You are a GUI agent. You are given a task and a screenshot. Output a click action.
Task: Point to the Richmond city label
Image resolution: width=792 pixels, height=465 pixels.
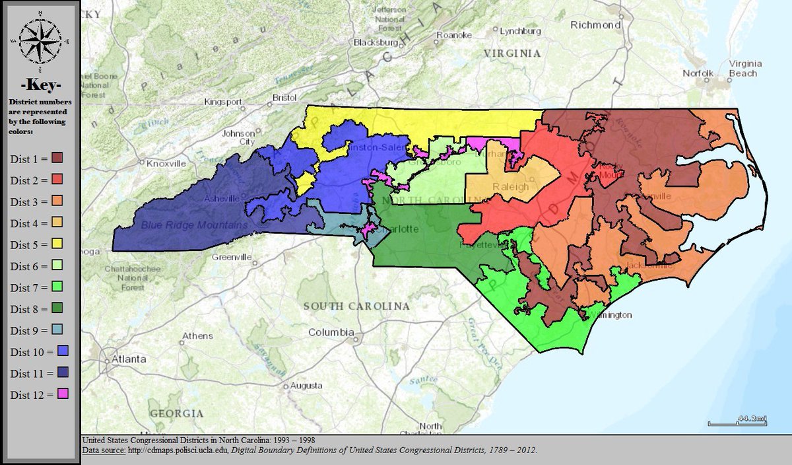tap(596, 25)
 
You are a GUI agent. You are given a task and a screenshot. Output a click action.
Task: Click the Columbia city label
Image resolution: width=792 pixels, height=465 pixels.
tap(331, 332)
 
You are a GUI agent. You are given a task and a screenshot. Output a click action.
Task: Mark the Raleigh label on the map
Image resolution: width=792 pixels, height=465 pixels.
tap(511, 187)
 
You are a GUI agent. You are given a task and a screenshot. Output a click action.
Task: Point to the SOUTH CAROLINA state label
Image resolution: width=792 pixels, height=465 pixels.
tap(356, 306)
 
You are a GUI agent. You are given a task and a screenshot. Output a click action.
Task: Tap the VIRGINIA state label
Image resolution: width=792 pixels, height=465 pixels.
tap(511, 53)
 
